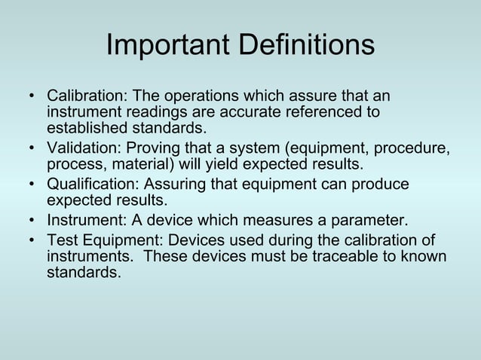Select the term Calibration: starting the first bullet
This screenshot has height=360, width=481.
[x=87, y=97]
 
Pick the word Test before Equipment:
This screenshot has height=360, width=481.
[x=63, y=240]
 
